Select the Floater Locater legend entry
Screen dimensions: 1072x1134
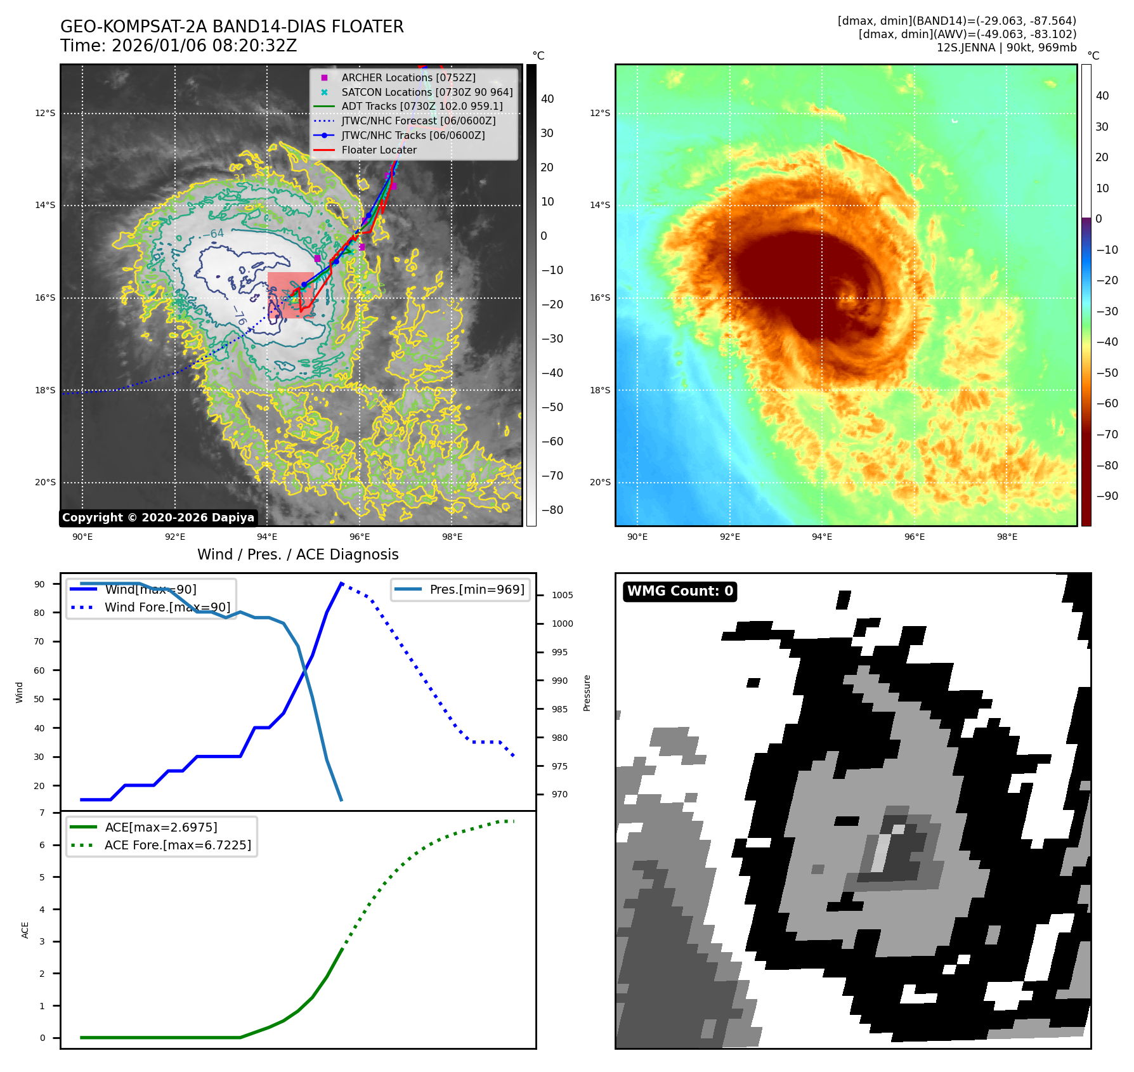[x=379, y=150]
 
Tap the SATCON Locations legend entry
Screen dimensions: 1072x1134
[x=427, y=92]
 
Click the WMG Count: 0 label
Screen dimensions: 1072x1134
[x=680, y=591]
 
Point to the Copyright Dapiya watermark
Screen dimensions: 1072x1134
[x=158, y=518]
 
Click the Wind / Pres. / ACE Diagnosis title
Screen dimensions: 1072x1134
[x=297, y=554]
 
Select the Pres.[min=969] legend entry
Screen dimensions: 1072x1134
[x=477, y=589]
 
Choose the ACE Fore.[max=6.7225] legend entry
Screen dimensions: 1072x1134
[x=178, y=845]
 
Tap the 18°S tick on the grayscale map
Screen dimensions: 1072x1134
[x=45, y=390]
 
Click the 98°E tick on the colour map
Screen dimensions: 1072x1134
[x=1007, y=537]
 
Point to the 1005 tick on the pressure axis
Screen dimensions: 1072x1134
[x=562, y=595]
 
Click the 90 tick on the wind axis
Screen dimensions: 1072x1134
[x=40, y=584]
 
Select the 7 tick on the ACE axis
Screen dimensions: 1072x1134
[x=42, y=813]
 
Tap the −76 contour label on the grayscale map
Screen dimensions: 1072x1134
[x=239, y=315]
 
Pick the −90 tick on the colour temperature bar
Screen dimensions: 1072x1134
[x=1107, y=496]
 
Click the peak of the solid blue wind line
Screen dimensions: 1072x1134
[x=341, y=583]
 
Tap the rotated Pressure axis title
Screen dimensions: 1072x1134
[x=587, y=693]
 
